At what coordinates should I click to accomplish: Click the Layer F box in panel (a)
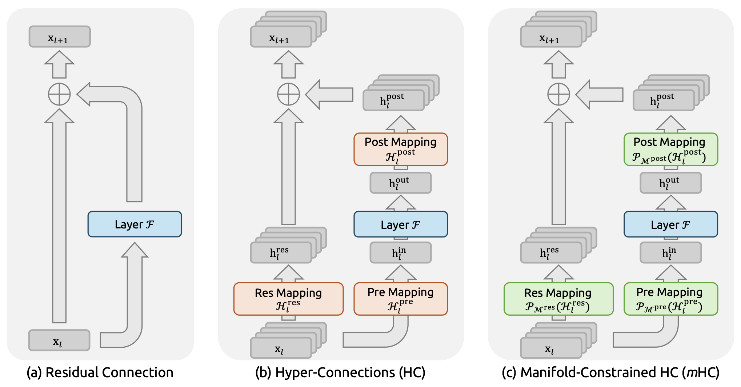click(x=135, y=224)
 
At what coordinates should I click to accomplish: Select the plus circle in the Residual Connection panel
click(x=59, y=94)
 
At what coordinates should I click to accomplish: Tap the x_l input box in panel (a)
click(x=59, y=340)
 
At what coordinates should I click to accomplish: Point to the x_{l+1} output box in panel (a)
click(x=60, y=37)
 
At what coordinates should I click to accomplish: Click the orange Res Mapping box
click(x=288, y=299)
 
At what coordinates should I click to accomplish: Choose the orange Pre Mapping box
click(x=400, y=299)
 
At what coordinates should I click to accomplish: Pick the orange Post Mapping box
click(x=400, y=149)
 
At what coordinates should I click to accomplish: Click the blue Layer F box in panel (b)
click(x=400, y=224)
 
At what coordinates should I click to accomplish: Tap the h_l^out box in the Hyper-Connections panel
click(x=400, y=183)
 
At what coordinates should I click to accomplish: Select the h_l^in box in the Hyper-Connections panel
click(x=400, y=253)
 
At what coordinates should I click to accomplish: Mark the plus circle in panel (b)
click(x=288, y=94)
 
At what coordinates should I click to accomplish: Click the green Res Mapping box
click(x=558, y=299)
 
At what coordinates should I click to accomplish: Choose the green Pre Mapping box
click(x=670, y=299)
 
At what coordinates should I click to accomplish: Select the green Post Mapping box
click(x=670, y=149)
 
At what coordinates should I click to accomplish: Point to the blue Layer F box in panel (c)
click(x=670, y=224)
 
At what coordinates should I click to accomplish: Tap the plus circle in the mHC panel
click(x=558, y=94)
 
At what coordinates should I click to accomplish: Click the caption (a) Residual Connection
click(x=100, y=373)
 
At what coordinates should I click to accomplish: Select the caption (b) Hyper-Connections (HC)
click(x=340, y=373)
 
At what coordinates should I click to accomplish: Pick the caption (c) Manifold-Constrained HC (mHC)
click(x=610, y=373)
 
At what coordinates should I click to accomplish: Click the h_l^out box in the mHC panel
click(x=670, y=183)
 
